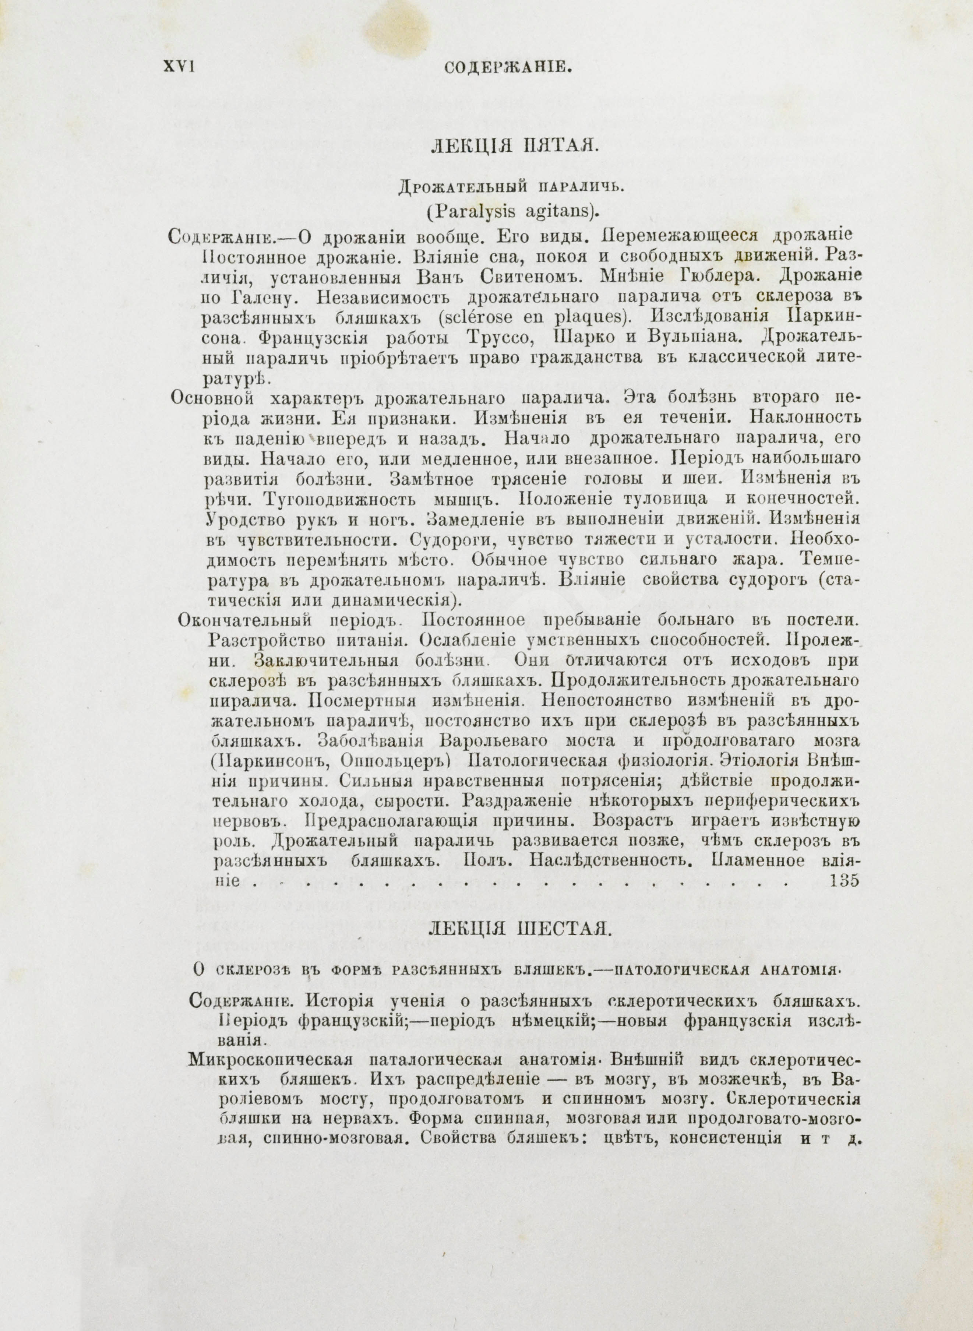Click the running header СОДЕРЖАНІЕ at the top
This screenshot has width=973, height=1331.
click(x=508, y=68)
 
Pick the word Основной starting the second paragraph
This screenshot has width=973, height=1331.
click(x=213, y=398)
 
